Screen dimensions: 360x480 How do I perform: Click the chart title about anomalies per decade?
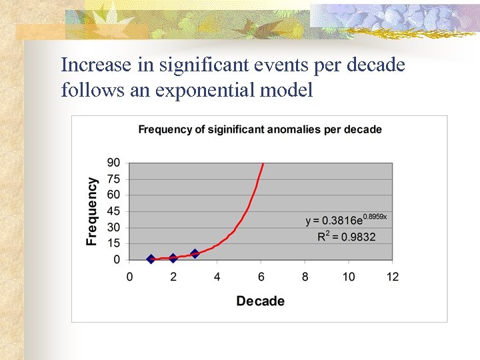[x=260, y=129]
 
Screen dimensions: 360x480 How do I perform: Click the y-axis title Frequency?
[x=92, y=211]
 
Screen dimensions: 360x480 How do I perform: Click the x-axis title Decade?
[x=260, y=301]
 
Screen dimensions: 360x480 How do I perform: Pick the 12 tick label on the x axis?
[x=392, y=277]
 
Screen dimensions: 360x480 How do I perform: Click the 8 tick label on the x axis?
[x=305, y=277]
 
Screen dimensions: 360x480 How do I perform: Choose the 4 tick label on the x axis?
[x=217, y=277]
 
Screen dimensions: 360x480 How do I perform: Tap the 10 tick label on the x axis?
[x=349, y=277]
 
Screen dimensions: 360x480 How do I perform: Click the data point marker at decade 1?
[x=151, y=259]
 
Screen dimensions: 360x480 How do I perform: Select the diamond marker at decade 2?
[x=173, y=258]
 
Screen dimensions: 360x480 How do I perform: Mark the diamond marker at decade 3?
[x=195, y=253]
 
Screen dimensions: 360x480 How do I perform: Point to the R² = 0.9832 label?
[x=346, y=237]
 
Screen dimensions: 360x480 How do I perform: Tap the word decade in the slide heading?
[x=377, y=65]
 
